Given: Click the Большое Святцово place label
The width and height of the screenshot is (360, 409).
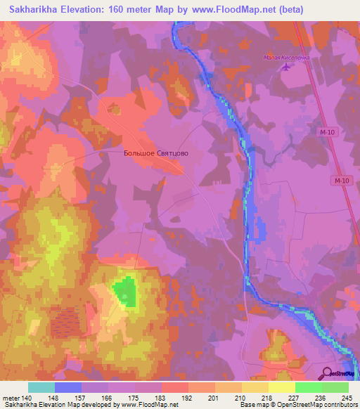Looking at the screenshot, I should pyautogui.click(x=155, y=152).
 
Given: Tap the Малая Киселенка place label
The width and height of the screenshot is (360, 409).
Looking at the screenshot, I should pyautogui.click(x=286, y=58).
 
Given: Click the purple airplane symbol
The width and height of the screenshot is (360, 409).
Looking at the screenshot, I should pyautogui.click(x=285, y=67).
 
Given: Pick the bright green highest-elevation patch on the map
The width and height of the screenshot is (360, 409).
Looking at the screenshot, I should pyautogui.click(x=124, y=291).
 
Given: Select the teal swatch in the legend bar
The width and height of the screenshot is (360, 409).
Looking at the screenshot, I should pyautogui.click(x=41, y=387).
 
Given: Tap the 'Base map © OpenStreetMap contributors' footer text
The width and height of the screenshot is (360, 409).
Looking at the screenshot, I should pyautogui.click(x=299, y=405).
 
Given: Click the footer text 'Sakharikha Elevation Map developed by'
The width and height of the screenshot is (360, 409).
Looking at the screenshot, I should pyautogui.click(x=49, y=405).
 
